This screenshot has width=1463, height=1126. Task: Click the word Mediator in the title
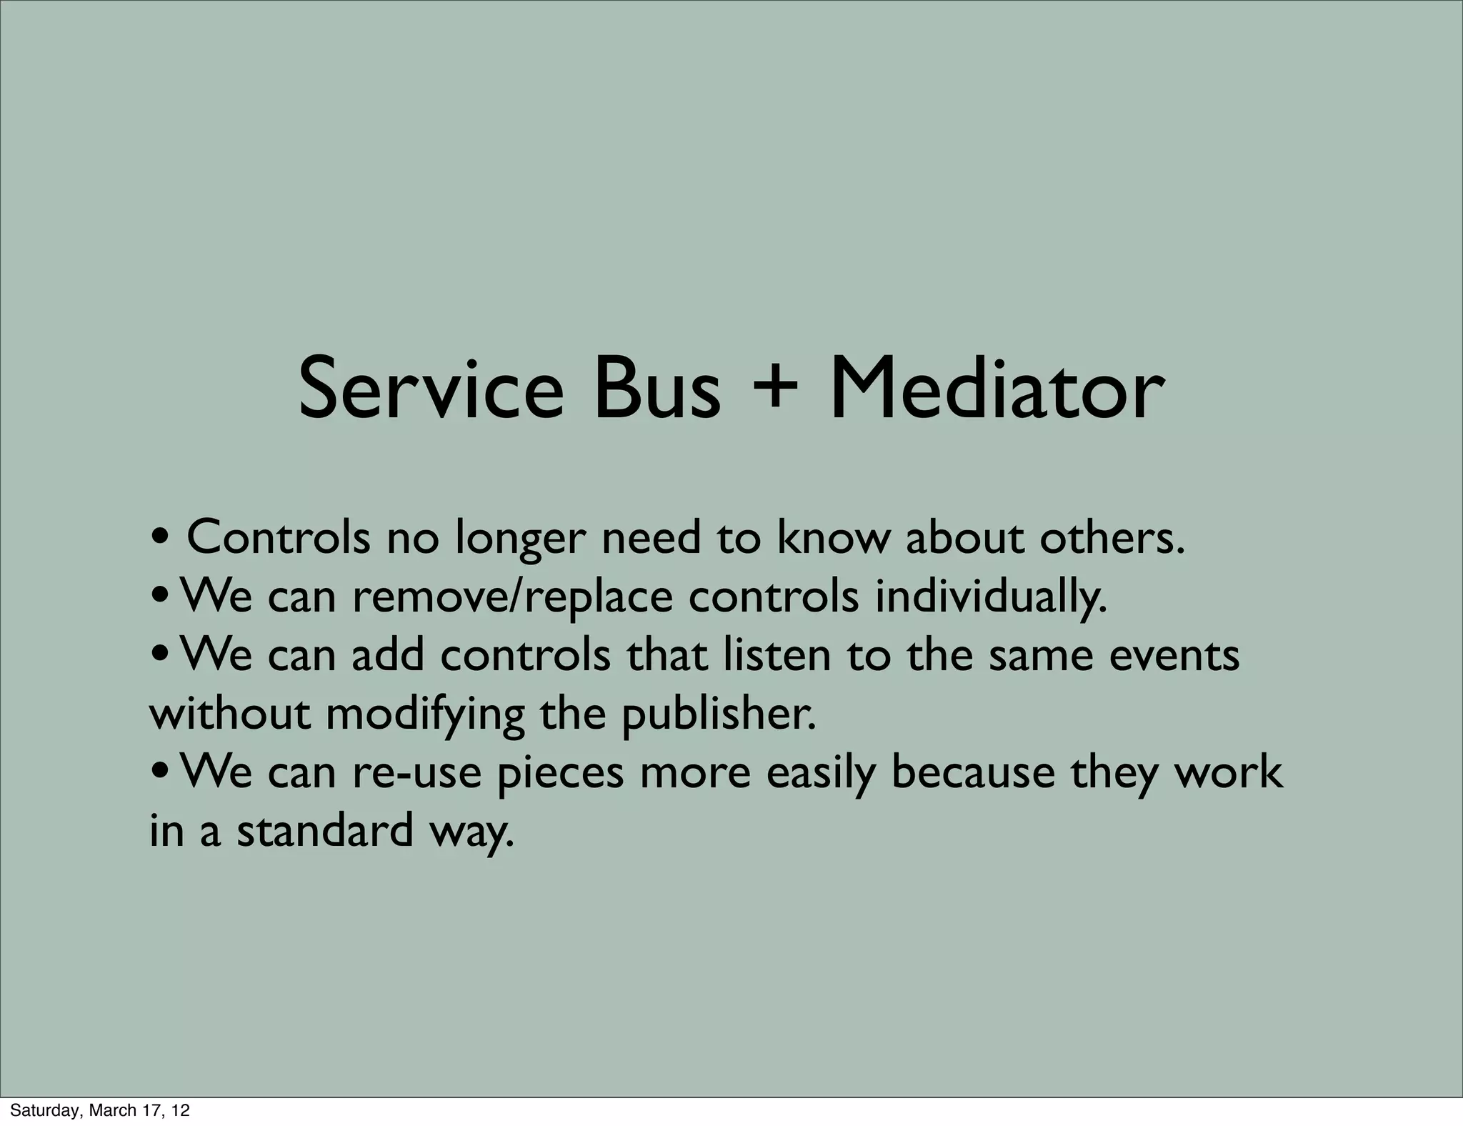(x=997, y=390)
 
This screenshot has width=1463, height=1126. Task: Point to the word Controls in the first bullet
(x=278, y=538)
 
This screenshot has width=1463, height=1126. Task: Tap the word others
(x=1112, y=538)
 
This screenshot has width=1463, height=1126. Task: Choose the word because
(x=973, y=773)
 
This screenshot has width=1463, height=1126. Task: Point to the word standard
(x=324, y=831)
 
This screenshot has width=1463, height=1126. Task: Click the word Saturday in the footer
(x=40, y=1111)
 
